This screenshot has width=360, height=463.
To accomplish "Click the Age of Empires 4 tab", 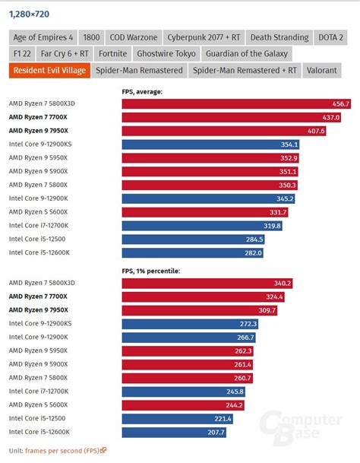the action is coord(43,37).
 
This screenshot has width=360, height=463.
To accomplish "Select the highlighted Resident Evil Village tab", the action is coord(49,70).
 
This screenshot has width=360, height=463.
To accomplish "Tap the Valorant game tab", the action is coord(321,70).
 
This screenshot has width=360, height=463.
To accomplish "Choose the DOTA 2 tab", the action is coord(330,37).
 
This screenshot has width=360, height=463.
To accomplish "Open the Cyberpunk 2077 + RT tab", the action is coord(204,37).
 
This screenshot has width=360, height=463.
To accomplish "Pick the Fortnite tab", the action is coord(112,54).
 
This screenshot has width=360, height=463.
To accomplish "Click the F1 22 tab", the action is coord(22,54).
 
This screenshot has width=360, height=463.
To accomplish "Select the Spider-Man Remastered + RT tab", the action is coord(245,70).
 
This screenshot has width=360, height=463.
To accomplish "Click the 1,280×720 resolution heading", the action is coord(29,14).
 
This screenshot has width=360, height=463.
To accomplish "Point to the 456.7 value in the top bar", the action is coord(340,104).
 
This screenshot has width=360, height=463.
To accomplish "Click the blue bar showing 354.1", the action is coord(210,144).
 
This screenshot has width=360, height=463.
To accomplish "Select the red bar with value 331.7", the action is coord(205,212).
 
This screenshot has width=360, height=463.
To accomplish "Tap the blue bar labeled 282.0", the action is coord(193,252).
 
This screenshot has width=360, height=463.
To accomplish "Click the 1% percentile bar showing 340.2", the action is coord(207,284).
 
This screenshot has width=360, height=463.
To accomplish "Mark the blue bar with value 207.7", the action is coord(174,433).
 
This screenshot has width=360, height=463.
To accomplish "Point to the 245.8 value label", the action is coord(235,392).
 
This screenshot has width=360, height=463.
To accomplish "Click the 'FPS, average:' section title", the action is coord(142,92).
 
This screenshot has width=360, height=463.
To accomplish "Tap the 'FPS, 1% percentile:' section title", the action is coord(151,271).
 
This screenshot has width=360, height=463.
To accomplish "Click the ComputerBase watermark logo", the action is coord(301,427).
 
